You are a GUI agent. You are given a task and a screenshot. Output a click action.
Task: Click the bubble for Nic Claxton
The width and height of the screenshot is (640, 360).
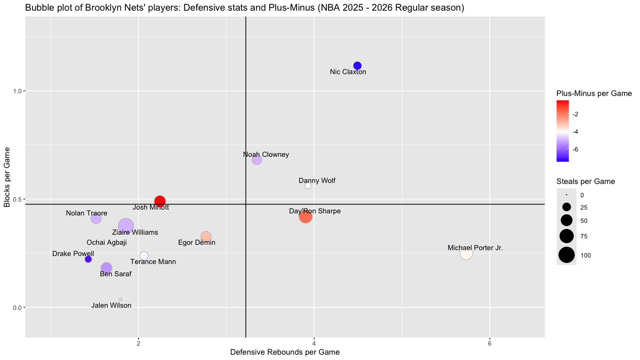pos(357,66)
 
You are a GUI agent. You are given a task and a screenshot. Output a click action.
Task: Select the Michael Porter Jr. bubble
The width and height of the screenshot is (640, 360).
pos(466,253)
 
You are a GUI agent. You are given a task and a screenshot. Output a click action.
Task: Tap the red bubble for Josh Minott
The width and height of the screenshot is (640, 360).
pos(160,201)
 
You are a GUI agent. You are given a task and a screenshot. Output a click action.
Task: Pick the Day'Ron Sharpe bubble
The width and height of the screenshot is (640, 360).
pos(306,217)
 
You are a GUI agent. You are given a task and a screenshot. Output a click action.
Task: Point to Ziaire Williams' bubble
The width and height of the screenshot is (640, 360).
pos(126,226)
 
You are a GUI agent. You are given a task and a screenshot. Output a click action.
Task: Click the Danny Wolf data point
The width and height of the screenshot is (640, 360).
pos(308,186)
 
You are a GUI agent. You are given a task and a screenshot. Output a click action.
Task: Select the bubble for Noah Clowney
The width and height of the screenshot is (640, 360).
pos(257,159)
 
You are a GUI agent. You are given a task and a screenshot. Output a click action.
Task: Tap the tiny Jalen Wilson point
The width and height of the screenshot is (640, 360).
pos(121,299)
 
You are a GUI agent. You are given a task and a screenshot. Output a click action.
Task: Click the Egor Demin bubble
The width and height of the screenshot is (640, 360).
pos(206,236)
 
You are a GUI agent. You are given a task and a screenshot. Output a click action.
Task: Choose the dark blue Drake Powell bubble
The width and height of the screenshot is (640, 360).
pos(89,259)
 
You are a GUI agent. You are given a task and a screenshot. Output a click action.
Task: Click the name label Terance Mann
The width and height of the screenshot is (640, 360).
pos(153,262)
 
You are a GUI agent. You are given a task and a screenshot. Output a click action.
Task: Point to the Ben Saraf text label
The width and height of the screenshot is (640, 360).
pos(116,274)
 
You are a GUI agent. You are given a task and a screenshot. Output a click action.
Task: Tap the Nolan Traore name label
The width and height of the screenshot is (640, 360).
pos(86,213)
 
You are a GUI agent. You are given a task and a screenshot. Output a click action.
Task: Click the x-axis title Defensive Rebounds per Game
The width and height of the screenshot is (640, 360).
pos(285,353)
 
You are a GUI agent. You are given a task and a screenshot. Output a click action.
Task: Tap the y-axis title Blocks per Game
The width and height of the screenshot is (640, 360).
pos(7,177)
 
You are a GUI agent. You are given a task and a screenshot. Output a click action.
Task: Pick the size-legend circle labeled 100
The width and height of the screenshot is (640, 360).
pos(566,255)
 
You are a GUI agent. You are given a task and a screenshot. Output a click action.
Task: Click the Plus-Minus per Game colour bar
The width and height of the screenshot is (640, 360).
pos(562,131)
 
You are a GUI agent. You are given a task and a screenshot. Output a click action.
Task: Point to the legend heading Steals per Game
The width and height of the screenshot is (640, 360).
pos(586,181)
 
